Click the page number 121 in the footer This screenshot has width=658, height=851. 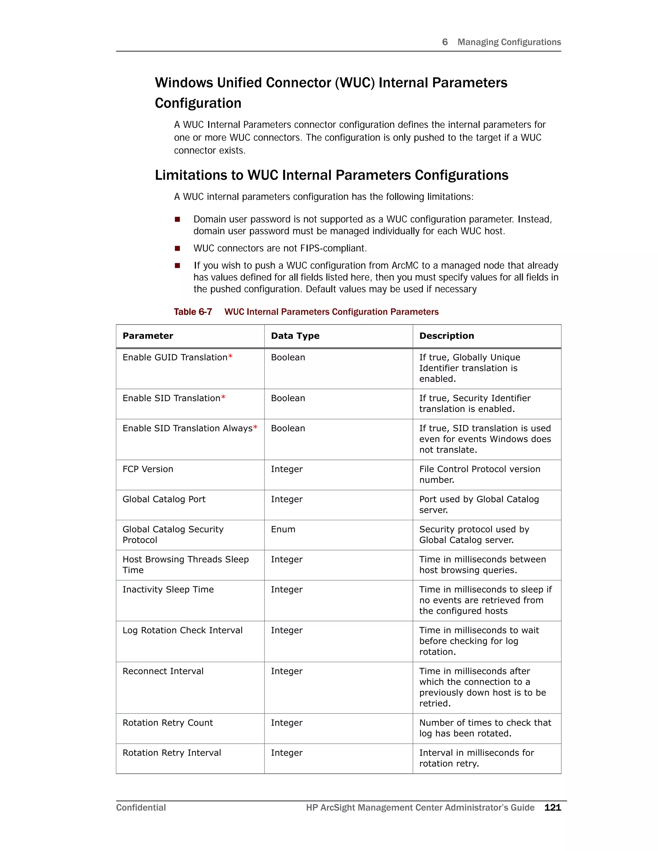tap(552, 807)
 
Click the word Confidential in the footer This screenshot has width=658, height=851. tap(141, 807)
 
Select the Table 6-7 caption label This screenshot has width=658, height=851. tap(193, 312)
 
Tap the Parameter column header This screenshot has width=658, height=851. tap(148, 336)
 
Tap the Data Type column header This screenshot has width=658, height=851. tap(295, 336)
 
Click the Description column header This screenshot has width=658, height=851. tap(446, 336)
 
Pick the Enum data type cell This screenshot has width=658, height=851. tap(283, 529)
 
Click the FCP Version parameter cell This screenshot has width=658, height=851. tap(148, 469)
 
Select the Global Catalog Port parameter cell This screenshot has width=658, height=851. tap(164, 499)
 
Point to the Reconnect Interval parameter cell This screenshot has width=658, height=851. tap(163, 671)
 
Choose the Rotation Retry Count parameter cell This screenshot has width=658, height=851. tap(168, 723)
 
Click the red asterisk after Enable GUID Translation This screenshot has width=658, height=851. tap(230, 356)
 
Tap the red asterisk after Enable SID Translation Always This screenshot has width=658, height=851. tap(255, 427)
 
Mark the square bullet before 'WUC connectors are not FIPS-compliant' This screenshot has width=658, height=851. tap(177, 248)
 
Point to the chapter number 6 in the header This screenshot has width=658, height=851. tap(445, 42)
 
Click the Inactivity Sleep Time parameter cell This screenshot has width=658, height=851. tap(168, 590)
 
